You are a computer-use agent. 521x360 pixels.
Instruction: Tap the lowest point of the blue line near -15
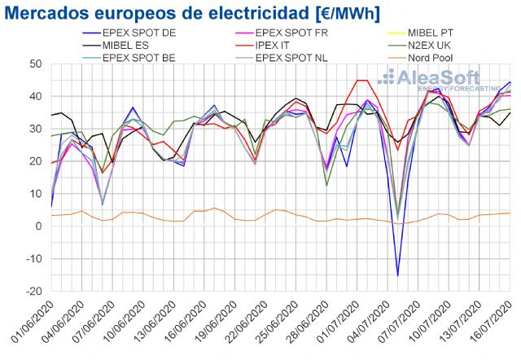[x=398, y=275]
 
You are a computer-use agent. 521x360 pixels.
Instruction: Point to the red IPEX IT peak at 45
[x=361, y=80]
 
